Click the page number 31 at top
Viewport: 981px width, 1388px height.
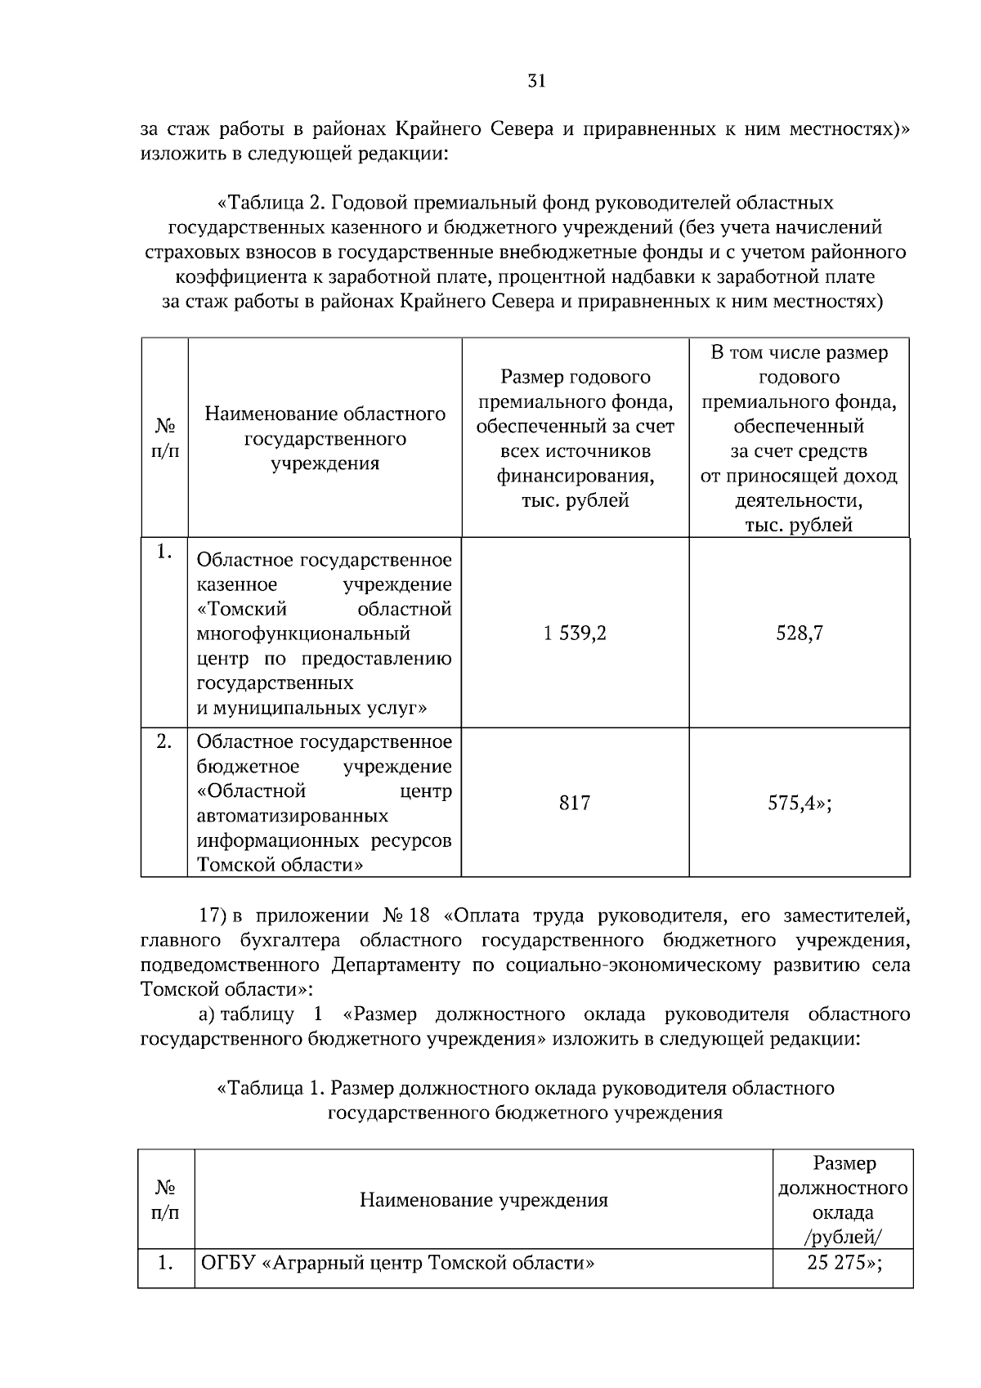[x=536, y=81]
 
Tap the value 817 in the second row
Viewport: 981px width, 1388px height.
[x=575, y=803]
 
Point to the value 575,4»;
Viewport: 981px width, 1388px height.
[x=799, y=803]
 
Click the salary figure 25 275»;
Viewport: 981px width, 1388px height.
[x=844, y=1263]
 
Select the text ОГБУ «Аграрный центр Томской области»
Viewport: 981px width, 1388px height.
[x=397, y=1263]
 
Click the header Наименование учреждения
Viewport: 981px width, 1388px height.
[x=483, y=1200]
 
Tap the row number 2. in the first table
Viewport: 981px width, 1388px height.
[x=164, y=742]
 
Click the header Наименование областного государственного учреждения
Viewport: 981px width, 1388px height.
[x=325, y=438]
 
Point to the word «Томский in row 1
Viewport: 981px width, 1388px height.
[x=242, y=609]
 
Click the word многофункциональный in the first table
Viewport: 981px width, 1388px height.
[x=302, y=634]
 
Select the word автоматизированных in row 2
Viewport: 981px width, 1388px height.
[x=292, y=816]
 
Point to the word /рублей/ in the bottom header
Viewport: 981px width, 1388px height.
[x=843, y=1237]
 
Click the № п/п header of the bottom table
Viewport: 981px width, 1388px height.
[x=166, y=1200]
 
